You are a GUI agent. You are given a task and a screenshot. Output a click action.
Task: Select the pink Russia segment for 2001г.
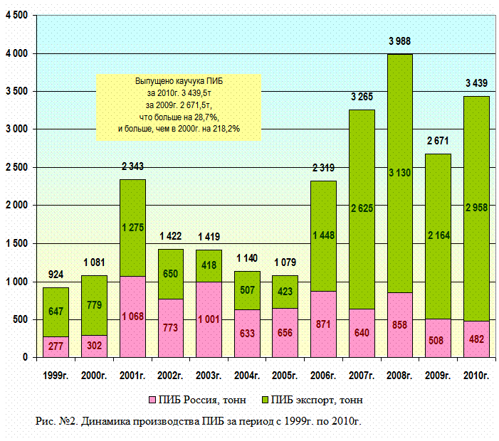click(x=132, y=317)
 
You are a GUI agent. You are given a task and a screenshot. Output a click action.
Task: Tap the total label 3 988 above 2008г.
click(x=399, y=42)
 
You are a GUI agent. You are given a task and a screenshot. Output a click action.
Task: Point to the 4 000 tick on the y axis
click(x=18, y=53)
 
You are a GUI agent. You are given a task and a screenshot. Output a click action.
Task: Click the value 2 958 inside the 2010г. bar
click(x=476, y=207)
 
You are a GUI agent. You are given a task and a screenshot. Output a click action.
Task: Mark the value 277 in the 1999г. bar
click(x=56, y=346)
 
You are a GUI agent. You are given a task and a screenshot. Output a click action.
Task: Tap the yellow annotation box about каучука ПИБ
click(x=180, y=107)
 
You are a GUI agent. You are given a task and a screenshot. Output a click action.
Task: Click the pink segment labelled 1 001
click(x=209, y=319)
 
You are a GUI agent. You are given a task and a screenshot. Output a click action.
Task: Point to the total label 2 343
click(x=132, y=166)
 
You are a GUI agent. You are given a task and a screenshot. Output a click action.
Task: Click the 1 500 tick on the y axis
click(x=18, y=243)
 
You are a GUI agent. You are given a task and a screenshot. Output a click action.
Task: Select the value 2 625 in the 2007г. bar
click(x=362, y=208)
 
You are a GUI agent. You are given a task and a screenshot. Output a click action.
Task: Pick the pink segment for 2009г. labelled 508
click(x=438, y=339)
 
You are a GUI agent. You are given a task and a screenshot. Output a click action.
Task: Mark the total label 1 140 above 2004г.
click(x=247, y=257)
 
